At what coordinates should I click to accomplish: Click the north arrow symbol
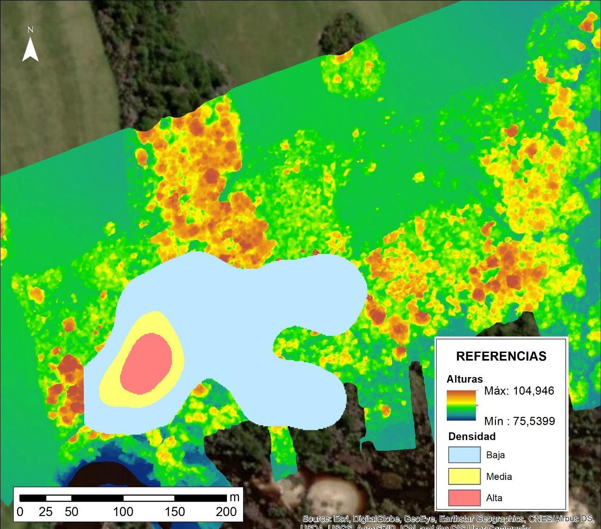coord(30,50)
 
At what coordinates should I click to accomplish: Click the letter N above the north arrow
coord(30,30)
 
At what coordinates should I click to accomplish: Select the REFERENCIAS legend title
coord(501,356)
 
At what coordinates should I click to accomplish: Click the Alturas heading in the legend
coord(464,379)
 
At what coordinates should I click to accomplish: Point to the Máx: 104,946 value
coord(519,390)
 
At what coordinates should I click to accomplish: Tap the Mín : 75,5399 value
coord(519,421)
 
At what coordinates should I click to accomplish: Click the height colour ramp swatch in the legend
coord(461,405)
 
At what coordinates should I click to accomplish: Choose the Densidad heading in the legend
coord(472,436)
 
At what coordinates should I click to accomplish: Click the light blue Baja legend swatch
coord(464,454)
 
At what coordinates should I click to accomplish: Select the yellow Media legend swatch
coord(464,476)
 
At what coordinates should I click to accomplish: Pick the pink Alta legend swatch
coord(464,498)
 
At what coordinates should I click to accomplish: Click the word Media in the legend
coord(499,476)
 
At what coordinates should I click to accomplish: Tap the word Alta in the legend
coord(494,498)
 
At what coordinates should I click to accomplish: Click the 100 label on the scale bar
coord(123,511)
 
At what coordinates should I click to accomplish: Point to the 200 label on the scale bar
coord(226,511)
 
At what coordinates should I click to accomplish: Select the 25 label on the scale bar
coord(45,511)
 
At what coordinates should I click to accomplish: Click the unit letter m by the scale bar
coord(234,498)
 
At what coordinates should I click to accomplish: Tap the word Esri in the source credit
coord(340,518)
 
